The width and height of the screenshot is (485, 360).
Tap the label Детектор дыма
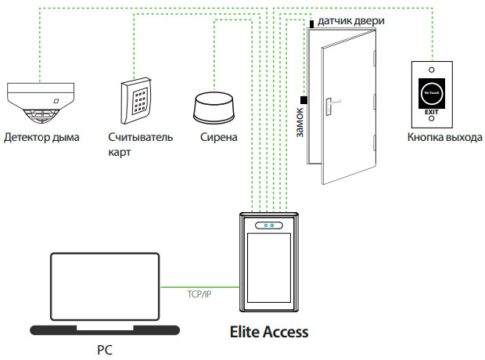coord(41,138)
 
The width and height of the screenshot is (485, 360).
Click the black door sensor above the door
coord(311,24)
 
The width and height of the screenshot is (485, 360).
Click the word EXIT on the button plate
coord(431,113)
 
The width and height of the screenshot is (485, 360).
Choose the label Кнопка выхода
coord(439,138)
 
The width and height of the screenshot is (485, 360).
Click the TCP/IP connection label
coord(199,295)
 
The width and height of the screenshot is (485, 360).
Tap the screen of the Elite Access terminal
coord(268,270)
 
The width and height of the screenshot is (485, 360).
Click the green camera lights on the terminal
coord(268,227)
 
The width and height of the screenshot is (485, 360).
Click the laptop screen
coord(103,286)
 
